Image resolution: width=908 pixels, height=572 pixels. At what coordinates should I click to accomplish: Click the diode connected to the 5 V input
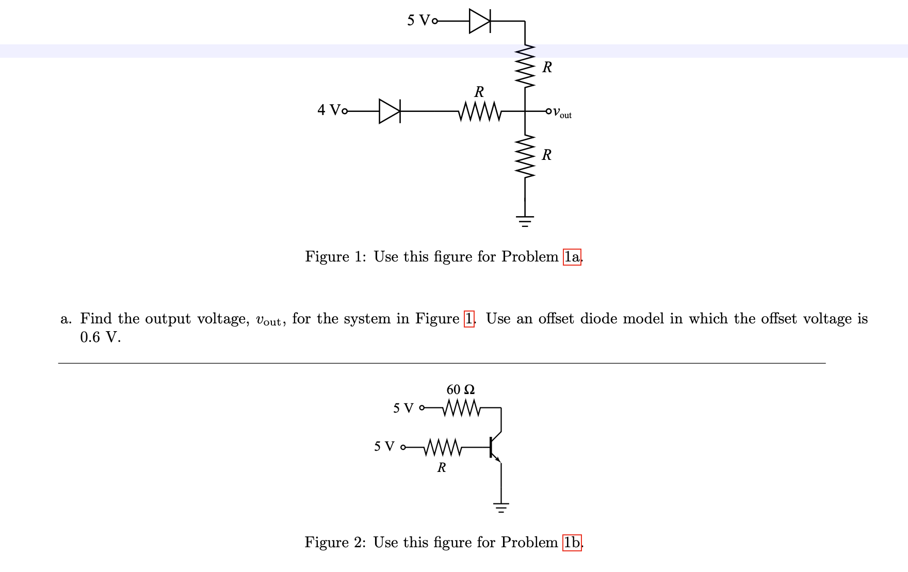tap(480, 21)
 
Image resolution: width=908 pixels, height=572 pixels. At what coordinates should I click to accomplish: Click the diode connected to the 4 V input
tap(390, 111)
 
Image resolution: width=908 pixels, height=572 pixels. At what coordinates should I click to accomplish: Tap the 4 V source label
tap(329, 110)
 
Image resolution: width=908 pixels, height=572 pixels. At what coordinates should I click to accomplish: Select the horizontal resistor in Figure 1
tap(479, 111)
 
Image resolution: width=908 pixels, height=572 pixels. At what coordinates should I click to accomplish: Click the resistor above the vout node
tap(525, 66)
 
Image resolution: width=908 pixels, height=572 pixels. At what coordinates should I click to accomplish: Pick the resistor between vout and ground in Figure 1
tap(525, 156)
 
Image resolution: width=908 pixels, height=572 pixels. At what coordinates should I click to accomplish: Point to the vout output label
tap(562, 112)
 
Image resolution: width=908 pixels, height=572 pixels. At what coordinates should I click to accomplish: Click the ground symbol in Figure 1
tap(525, 221)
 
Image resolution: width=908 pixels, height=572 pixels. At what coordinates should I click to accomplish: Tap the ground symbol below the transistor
tap(500, 507)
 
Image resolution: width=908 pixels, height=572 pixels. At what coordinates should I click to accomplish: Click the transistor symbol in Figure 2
tap(494, 447)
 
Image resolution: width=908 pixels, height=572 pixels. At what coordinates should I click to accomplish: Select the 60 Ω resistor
tap(461, 408)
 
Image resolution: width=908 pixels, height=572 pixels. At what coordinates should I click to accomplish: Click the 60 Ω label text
tap(460, 389)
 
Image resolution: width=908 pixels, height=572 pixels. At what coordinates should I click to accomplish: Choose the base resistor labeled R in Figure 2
tap(442, 447)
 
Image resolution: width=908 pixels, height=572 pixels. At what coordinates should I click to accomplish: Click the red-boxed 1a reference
tap(572, 257)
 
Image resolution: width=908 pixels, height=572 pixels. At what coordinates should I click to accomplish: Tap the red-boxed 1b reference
tap(572, 543)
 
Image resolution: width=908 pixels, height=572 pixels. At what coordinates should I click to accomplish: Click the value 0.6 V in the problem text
tap(100, 337)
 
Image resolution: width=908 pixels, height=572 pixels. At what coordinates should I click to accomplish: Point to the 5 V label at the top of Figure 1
tap(418, 21)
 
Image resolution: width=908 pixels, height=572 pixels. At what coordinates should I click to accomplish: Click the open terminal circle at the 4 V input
tap(345, 111)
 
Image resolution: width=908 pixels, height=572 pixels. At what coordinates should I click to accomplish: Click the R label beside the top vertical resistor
tap(547, 67)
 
